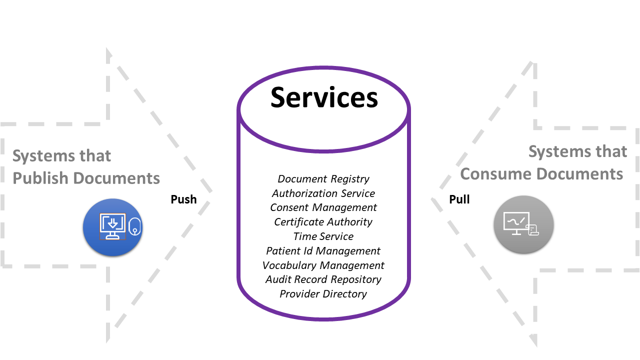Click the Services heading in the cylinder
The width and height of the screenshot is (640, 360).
(324, 97)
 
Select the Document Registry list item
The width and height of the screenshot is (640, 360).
(323, 179)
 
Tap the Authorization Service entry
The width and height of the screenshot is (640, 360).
(323, 193)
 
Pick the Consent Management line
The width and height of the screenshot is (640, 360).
(323, 207)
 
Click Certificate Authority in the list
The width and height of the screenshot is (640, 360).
(323, 222)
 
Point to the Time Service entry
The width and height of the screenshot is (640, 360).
(323, 236)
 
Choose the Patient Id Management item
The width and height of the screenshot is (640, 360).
(323, 251)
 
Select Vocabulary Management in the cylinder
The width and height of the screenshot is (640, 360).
(323, 265)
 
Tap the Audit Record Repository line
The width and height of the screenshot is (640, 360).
(323, 279)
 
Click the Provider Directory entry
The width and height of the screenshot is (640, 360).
(323, 294)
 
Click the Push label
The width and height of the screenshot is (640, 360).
(183, 199)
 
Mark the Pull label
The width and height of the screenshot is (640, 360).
(459, 199)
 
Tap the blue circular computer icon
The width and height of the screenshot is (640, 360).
(113, 227)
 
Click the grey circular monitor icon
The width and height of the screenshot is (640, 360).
(523, 224)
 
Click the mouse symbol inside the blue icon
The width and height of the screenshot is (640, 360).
(134, 227)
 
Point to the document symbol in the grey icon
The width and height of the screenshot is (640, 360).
(533, 229)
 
